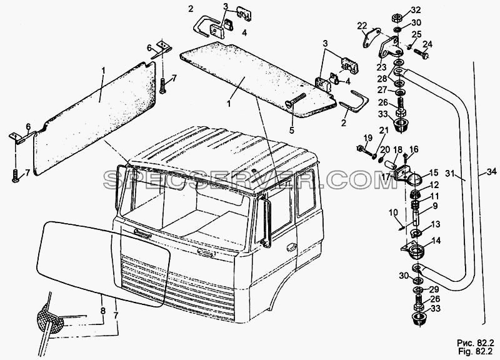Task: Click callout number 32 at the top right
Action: point(415,10)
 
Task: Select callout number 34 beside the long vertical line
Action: point(492,172)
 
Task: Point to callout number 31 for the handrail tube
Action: point(450,173)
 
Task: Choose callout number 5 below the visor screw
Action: point(292,130)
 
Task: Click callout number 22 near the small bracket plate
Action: point(362,26)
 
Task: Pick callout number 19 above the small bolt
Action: point(368,137)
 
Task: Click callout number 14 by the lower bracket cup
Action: point(436,241)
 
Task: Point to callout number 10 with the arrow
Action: point(394,212)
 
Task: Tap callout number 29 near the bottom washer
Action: point(434,289)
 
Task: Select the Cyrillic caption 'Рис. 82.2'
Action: point(476,342)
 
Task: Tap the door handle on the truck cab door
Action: point(291,246)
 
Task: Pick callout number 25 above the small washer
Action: point(417,34)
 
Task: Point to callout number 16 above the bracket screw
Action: point(414,149)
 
